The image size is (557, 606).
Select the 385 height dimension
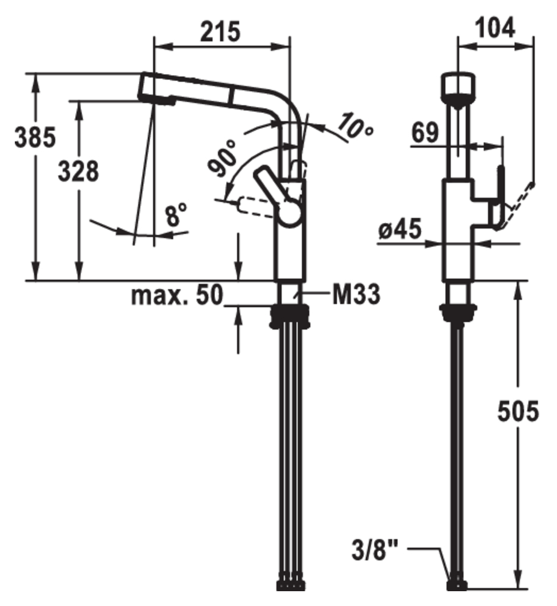point(35,137)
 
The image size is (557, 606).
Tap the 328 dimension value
point(78,172)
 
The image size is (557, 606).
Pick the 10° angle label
point(355,125)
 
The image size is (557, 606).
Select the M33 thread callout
point(355,294)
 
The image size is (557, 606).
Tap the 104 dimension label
point(495,27)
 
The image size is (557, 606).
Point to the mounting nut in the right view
point(459,312)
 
